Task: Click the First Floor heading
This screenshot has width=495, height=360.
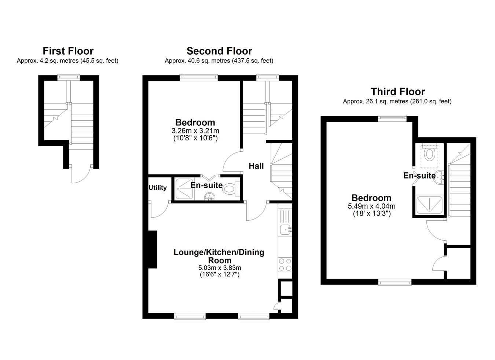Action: coord(68,51)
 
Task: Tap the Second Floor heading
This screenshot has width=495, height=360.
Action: coord(219,51)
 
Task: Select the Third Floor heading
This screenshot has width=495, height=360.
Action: coord(398,92)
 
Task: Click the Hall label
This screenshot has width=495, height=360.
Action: coord(256,166)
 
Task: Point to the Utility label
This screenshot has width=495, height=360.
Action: coord(158,188)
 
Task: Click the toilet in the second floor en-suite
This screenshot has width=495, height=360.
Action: coord(231,190)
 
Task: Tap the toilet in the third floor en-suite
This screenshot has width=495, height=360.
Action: coord(429,155)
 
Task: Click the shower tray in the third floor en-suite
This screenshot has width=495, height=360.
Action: coord(429,205)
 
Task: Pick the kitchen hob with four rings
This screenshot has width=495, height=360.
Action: coord(285,265)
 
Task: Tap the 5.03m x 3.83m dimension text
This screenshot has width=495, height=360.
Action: coord(219,268)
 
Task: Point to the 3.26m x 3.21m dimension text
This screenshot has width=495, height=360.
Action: coord(195,131)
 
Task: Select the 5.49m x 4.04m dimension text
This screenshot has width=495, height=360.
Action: coord(372,206)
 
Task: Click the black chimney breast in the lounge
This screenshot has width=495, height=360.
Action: coord(153,249)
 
